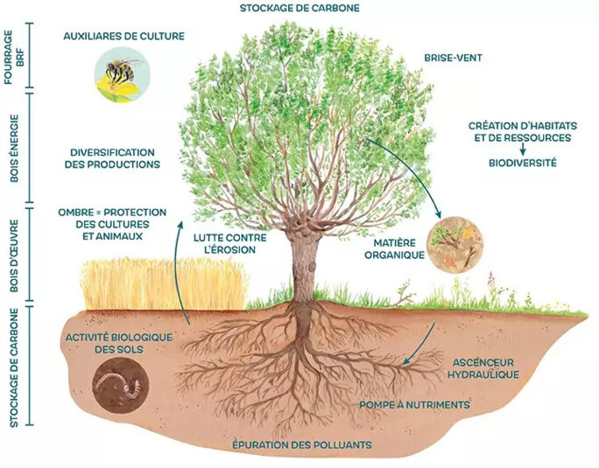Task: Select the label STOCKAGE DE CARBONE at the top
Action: pyautogui.click(x=299, y=9)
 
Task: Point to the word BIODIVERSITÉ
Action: pyautogui.click(x=522, y=163)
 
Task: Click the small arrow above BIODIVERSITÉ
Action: pyautogui.click(x=522, y=150)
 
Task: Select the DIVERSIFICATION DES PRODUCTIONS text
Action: pyautogui.click(x=115, y=157)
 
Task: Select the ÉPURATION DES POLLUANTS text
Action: pyautogui.click(x=302, y=445)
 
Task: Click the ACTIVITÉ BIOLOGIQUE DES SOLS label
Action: pyautogui.click(x=119, y=344)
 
